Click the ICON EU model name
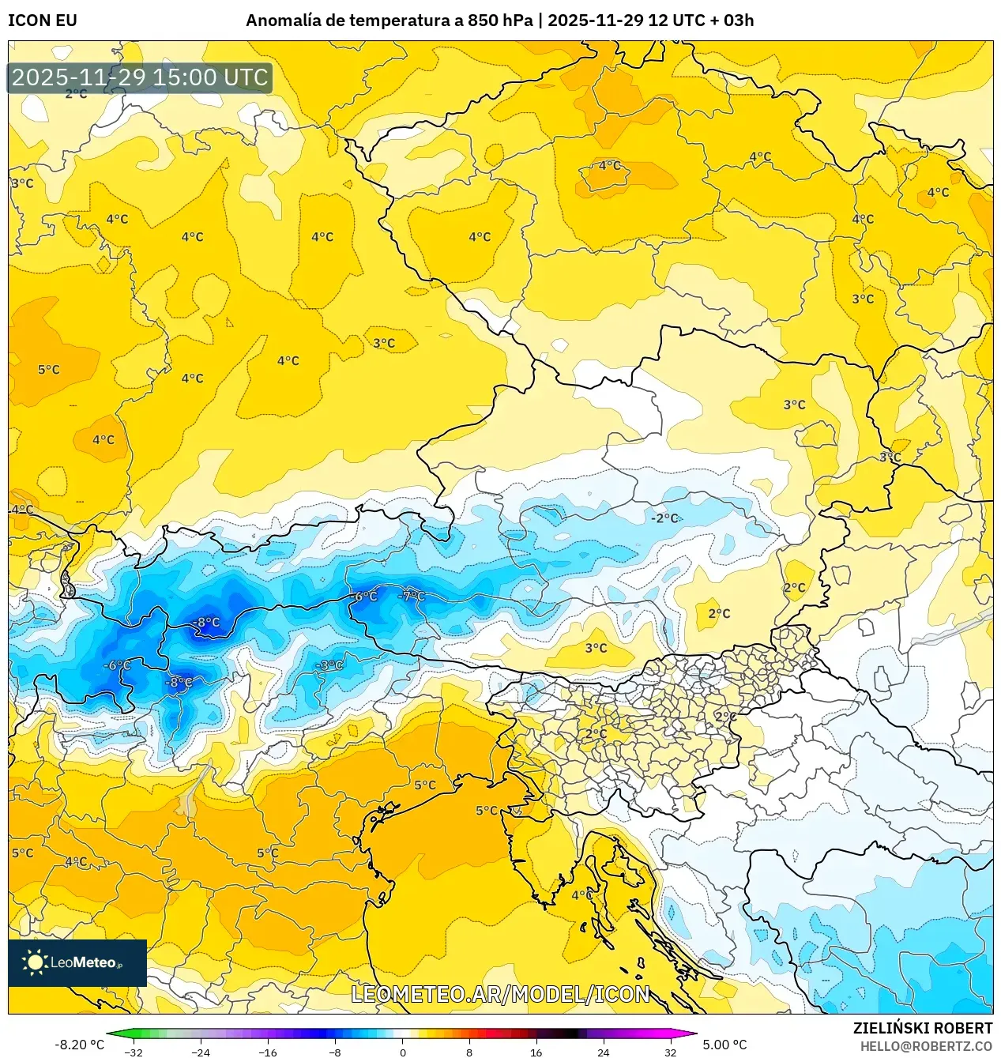click(x=43, y=21)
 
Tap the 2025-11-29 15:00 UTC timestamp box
click(x=140, y=77)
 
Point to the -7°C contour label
click(x=412, y=596)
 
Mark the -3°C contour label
click(x=329, y=665)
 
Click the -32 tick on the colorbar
click(x=134, y=1052)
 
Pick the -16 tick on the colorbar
click(x=268, y=1052)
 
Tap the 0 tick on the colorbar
click(x=402, y=1052)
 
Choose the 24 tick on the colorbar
click(x=603, y=1052)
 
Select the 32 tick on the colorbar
click(x=670, y=1052)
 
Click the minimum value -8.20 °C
click(x=79, y=1045)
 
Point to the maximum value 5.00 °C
click(x=724, y=1045)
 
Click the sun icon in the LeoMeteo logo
click(x=35, y=962)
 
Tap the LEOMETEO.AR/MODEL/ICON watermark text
click(x=500, y=994)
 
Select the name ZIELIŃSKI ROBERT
click(x=922, y=1028)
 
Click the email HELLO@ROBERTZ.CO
click(x=926, y=1046)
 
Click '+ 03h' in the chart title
click(x=732, y=21)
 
